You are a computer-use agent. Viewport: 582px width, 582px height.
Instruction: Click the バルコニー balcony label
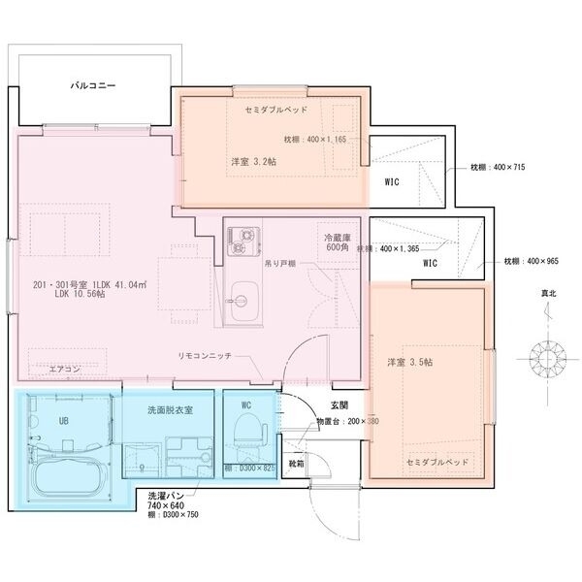93,86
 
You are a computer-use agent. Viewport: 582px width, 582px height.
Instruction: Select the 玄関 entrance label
339,404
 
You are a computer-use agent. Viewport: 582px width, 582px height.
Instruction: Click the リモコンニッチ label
205,356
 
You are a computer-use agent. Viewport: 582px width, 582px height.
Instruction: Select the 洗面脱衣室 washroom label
169,410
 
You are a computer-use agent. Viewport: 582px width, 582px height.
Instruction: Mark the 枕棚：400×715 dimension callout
497,168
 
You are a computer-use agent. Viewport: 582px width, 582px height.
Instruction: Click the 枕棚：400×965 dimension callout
531,261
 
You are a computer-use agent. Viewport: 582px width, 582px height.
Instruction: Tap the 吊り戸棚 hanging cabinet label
280,263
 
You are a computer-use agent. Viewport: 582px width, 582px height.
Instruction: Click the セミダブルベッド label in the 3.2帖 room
276,111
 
